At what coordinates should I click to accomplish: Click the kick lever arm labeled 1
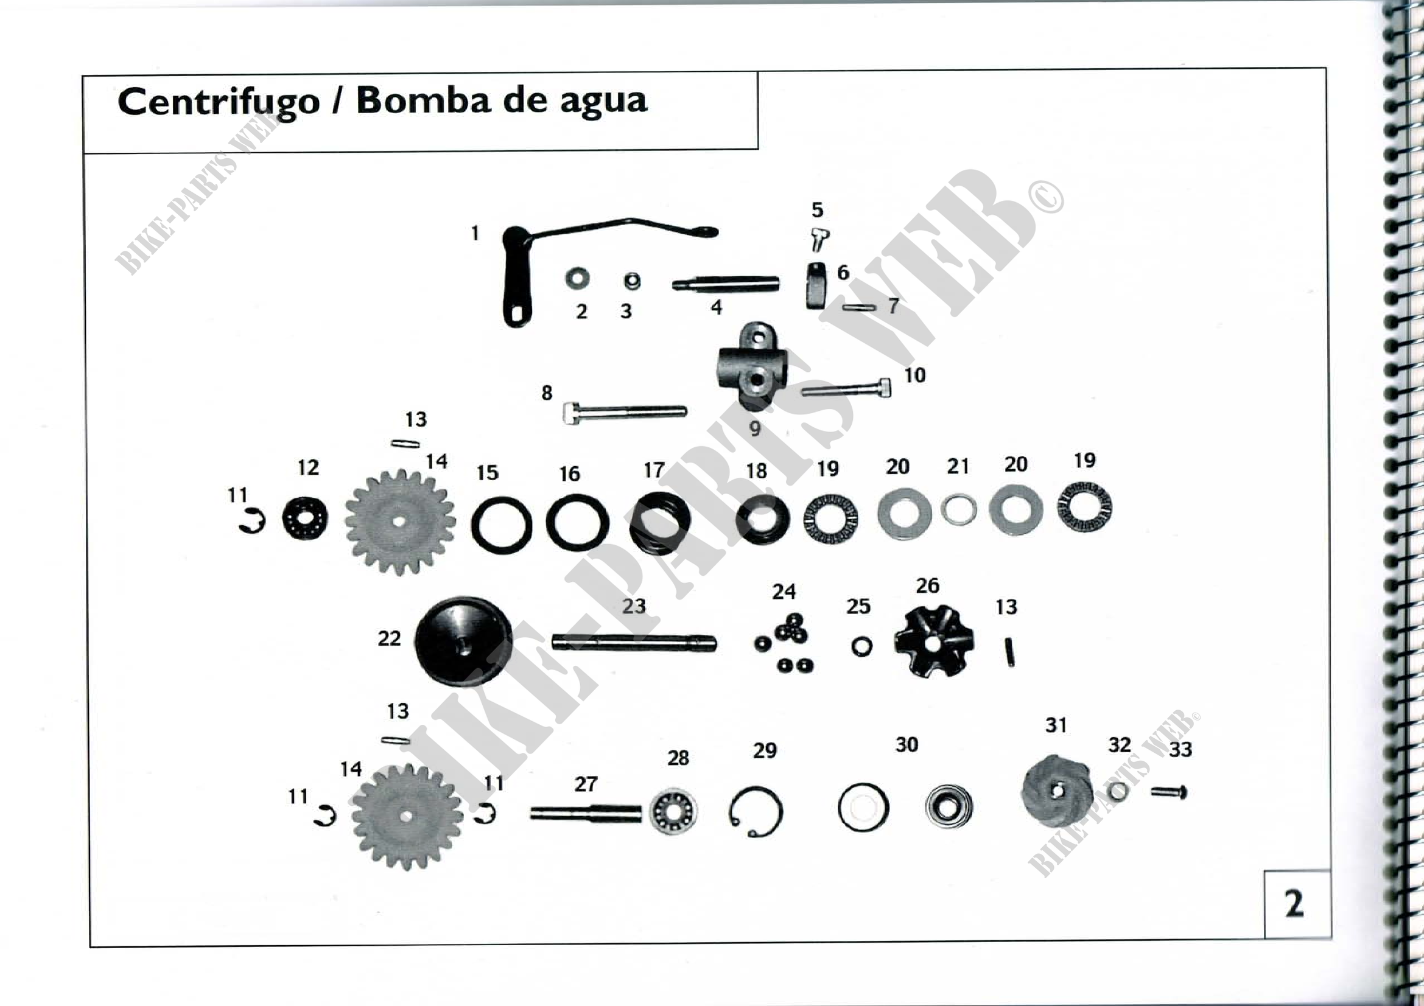pos(516,279)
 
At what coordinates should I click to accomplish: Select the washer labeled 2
pos(577,278)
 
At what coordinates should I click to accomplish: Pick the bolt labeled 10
pos(847,390)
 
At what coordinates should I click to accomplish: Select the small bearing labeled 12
pos(305,517)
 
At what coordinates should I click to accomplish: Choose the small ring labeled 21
pos(959,509)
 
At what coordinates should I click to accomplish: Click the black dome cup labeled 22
pos(463,640)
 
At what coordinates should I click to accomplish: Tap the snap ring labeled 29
pos(756,811)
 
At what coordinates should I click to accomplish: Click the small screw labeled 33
pos(1169,792)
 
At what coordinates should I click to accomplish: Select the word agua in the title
pos(603,102)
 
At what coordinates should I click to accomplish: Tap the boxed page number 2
pos(1294,904)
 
